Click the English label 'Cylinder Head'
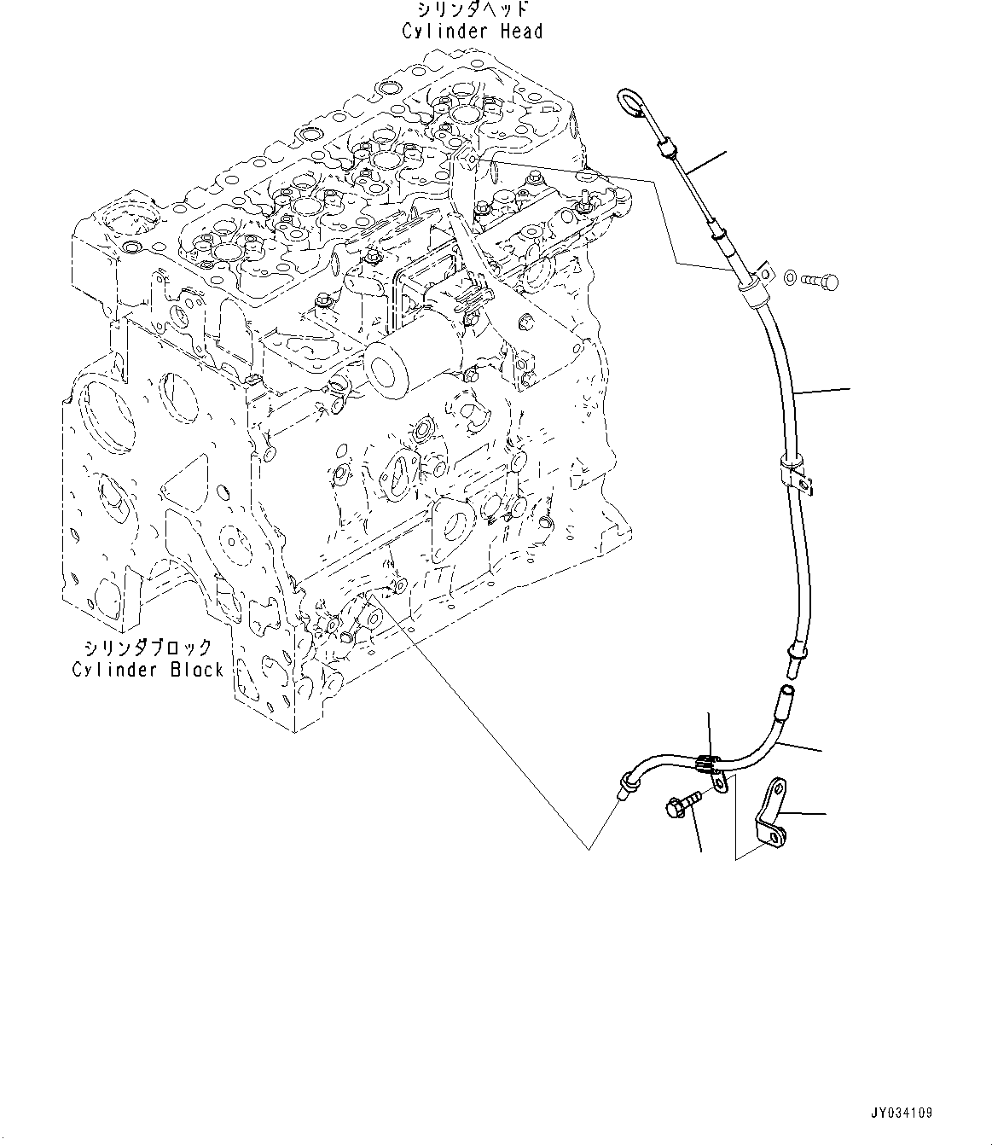[x=472, y=32]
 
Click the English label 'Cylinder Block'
[x=148, y=670]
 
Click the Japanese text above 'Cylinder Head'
[x=473, y=9]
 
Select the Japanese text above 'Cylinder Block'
[x=148, y=648]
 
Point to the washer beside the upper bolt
[x=791, y=276]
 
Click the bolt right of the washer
[x=821, y=281]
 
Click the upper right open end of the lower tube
[x=787, y=689]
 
